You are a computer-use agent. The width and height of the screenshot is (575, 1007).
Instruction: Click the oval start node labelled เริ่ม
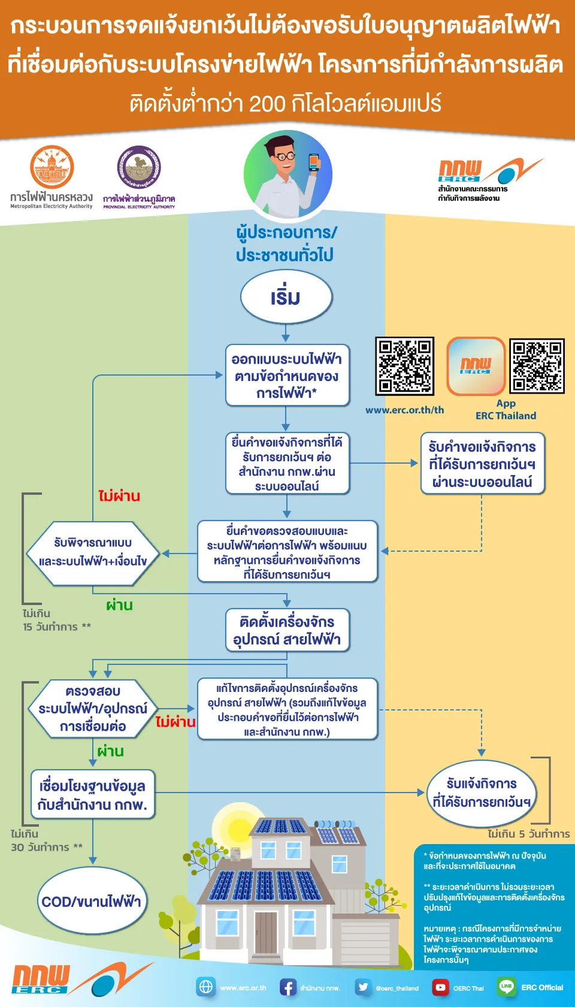(x=286, y=297)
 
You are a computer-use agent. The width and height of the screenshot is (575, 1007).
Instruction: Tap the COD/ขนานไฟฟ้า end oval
(x=92, y=901)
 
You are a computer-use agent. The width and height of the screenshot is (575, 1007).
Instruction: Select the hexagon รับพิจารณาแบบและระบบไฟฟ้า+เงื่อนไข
(x=93, y=552)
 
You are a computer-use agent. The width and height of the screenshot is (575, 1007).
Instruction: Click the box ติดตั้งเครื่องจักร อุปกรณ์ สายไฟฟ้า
(x=287, y=630)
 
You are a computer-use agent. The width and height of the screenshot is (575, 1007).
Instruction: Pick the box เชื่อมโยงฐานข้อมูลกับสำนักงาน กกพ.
(x=93, y=795)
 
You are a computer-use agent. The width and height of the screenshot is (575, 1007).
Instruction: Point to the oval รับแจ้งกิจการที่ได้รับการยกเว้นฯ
(x=482, y=793)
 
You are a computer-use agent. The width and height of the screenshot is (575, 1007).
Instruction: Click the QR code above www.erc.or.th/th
(x=404, y=366)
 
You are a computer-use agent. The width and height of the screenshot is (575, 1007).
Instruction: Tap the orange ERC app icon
(x=476, y=366)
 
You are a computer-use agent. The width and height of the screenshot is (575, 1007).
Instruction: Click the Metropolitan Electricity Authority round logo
(x=52, y=167)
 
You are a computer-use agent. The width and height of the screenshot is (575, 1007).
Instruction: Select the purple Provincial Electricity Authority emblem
(x=139, y=167)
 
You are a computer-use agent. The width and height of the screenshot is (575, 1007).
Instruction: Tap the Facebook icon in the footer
(x=288, y=987)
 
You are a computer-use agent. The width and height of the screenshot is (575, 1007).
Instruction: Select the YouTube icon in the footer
(x=441, y=987)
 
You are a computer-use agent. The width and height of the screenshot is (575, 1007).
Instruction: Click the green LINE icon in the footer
(x=507, y=987)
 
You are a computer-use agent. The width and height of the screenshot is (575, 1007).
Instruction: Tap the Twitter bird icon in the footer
(x=364, y=987)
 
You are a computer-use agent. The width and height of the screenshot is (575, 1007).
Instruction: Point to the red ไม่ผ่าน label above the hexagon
(x=119, y=496)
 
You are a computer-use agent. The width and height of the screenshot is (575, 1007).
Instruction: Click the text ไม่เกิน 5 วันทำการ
(x=528, y=834)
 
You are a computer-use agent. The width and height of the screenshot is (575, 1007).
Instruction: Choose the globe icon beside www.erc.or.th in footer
(x=206, y=987)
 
